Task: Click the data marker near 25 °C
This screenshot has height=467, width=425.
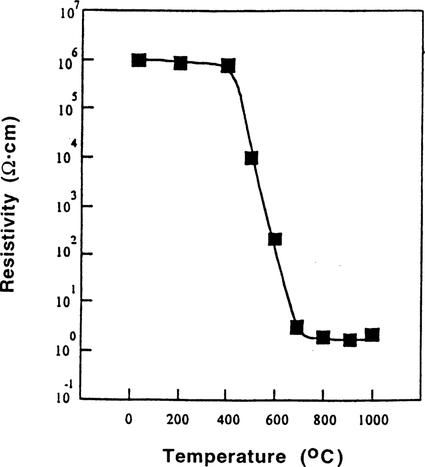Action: coord(139,60)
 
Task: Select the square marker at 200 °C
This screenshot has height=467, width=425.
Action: coord(180,63)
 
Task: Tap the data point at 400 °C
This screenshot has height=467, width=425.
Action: coord(228,66)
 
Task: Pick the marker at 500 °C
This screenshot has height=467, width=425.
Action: coord(252,158)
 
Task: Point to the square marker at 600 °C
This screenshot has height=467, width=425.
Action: coord(275,239)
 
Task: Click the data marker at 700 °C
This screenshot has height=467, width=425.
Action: coord(297,327)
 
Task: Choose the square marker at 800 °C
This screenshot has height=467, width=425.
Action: coord(324,338)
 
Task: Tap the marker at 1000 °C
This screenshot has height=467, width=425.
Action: coord(373,334)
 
